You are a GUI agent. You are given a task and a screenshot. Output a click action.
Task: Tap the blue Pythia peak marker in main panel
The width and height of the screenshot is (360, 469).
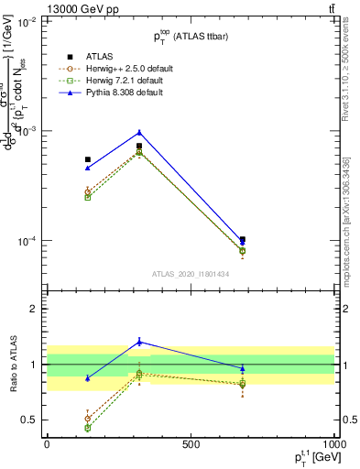[139, 132]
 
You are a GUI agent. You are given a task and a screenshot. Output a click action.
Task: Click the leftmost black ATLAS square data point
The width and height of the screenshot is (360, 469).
[88, 159]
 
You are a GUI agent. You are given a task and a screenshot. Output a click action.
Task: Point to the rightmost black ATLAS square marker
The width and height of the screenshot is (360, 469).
[243, 239]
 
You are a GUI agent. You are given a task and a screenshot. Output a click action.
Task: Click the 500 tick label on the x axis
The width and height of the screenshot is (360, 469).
[191, 444]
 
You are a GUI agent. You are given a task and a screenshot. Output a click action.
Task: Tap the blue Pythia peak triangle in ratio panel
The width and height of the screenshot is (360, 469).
[139, 342]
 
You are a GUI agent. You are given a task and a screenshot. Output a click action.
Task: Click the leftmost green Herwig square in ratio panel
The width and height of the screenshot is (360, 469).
[88, 428]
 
